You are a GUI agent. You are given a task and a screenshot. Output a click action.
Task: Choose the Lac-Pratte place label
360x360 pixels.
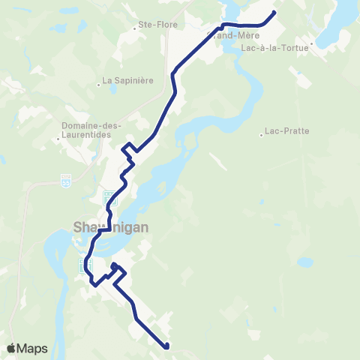pos(289,130)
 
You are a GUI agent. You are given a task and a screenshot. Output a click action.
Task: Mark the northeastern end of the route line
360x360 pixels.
pos(274,12)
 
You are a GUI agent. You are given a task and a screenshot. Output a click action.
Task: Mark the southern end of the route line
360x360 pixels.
pos(166,346)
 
